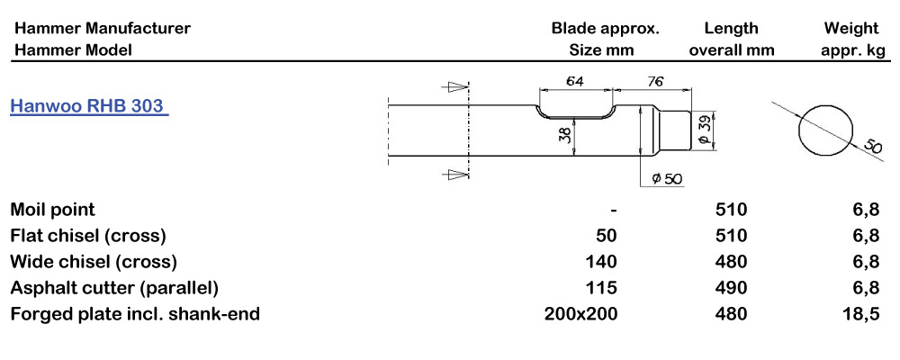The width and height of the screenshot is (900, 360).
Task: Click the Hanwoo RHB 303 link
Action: (87, 105)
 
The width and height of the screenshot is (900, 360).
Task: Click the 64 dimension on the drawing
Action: (574, 81)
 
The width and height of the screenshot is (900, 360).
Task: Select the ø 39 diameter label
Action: (705, 129)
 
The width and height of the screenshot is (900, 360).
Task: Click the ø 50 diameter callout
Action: (666, 178)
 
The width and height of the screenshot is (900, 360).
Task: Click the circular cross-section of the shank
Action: (824, 129)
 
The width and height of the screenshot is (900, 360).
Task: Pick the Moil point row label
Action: (52, 210)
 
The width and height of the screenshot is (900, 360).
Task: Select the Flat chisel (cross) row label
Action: (88, 236)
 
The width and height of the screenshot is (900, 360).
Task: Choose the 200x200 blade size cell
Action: (581, 314)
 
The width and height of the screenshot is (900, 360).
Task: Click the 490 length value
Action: (731, 288)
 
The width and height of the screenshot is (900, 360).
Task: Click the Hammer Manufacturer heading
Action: (102, 28)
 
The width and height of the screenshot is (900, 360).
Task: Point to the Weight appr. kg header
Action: (852, 39)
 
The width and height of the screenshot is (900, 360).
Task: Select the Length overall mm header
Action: (731, 39)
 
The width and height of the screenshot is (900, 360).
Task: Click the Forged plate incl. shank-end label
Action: (135, 314)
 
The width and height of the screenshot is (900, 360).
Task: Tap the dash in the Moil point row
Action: (613, 211)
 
